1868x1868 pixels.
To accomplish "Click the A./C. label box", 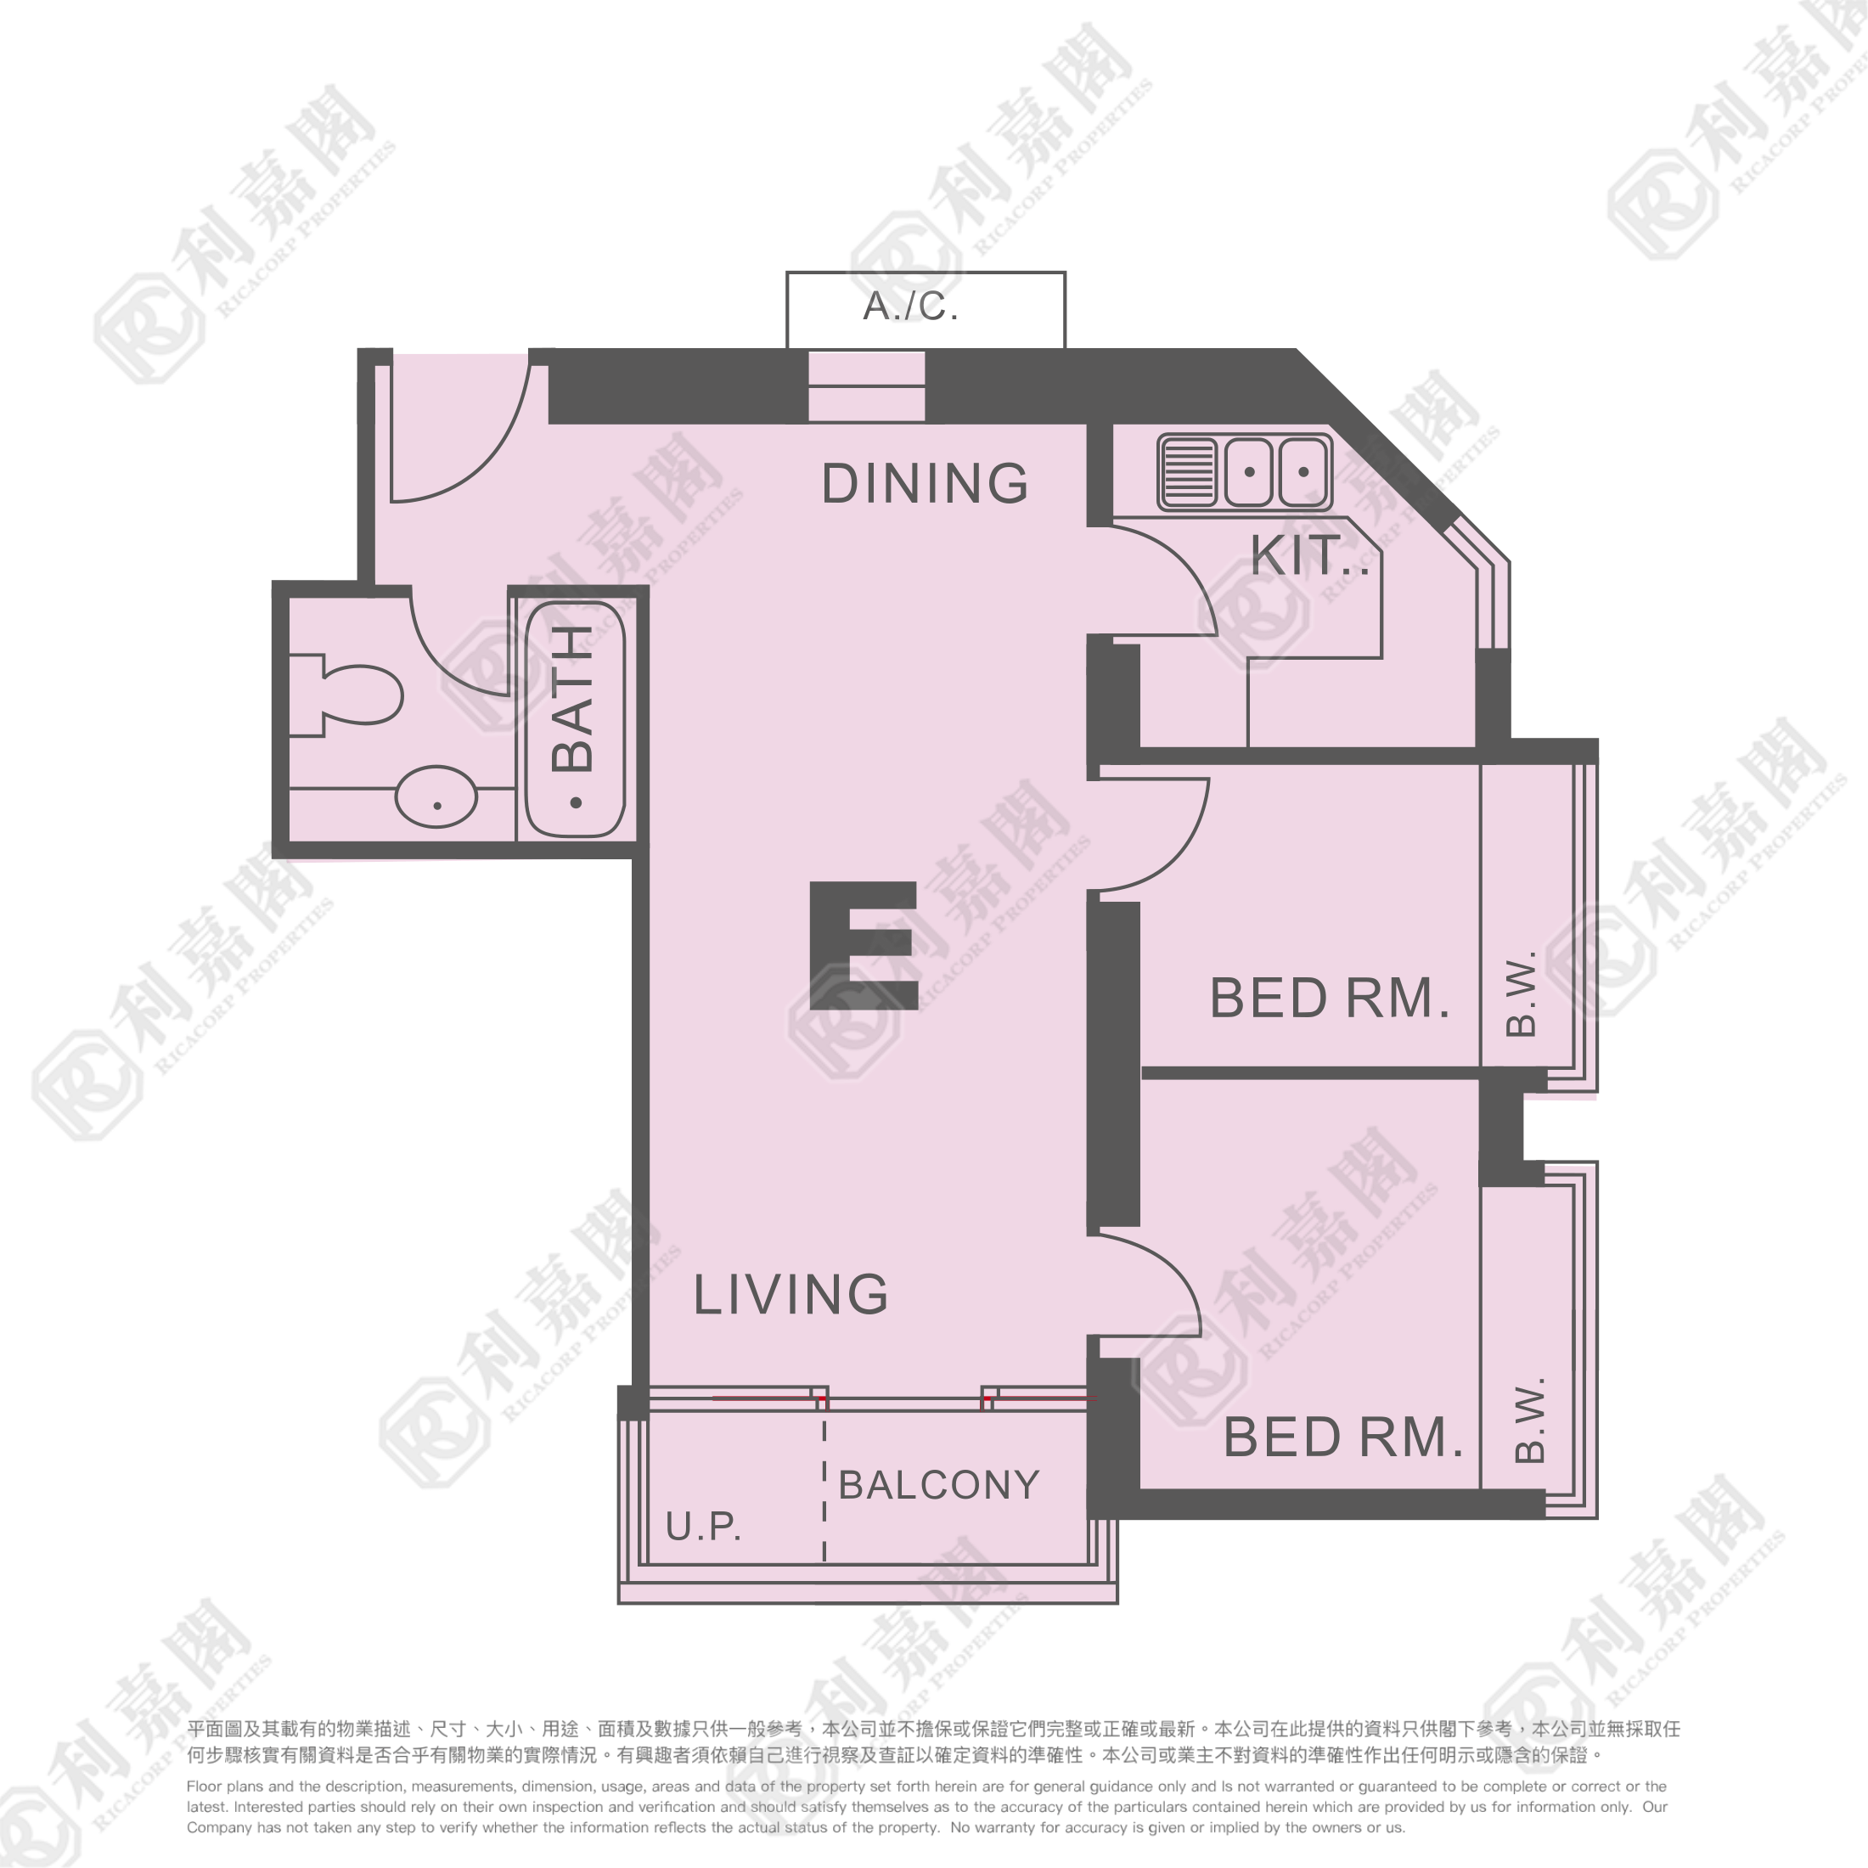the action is point(926,309).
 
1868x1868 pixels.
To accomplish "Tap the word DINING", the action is point(926,483).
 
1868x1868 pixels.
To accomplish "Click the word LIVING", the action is point(791,1295).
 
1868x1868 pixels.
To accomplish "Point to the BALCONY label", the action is point(939,1484).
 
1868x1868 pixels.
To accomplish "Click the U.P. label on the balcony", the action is point(703,1526).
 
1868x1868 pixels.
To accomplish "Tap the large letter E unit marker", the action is point(864,946).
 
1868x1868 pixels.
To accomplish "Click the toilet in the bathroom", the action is point(346,695).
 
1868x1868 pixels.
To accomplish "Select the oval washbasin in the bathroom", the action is point(437,796).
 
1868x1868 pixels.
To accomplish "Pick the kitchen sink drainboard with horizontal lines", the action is point(1188,473).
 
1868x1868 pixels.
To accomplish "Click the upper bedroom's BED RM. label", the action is point(1330,999).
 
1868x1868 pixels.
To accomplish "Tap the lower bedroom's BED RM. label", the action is point(1343,1438).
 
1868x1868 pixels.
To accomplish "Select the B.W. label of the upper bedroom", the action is point(1522,993).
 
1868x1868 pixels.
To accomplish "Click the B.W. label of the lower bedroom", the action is point(1529,1420).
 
